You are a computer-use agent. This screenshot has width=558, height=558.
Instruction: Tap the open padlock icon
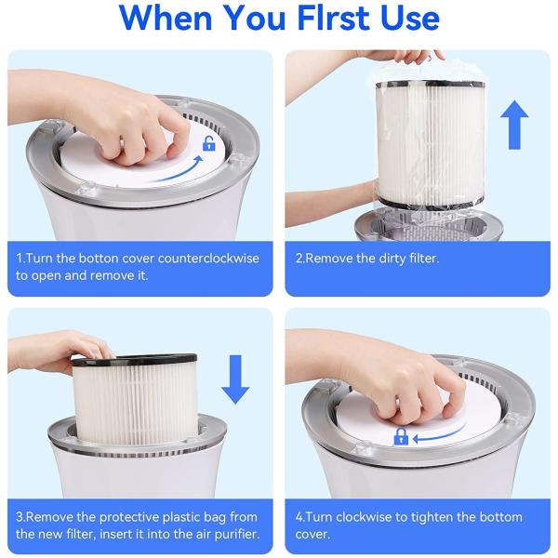coord(209,143)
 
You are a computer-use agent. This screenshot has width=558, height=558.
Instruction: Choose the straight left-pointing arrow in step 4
coord(437,435)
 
